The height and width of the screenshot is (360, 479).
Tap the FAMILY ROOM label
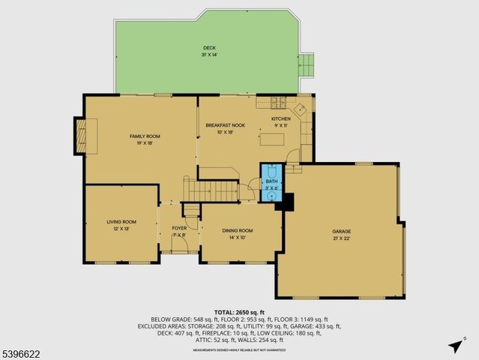[145, 136]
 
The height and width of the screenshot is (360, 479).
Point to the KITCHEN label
[280, 118]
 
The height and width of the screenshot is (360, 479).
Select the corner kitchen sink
[301, 109]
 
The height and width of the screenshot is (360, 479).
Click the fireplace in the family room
[80, 136]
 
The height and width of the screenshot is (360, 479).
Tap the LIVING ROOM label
[121, 222]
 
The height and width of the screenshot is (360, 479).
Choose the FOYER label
[179, 228]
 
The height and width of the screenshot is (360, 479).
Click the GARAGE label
[342, 231]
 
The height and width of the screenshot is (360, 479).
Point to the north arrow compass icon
[454, 345]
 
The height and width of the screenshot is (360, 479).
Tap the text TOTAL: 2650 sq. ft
[239, 311]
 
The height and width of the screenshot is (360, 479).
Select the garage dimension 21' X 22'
[342, 238]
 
